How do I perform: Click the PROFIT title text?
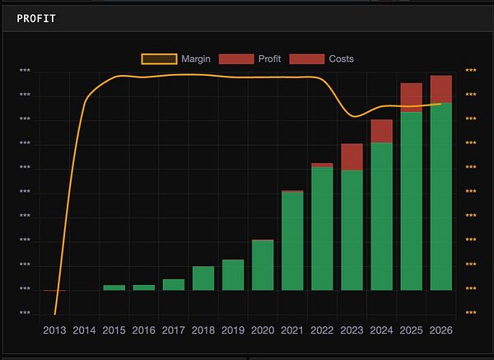tap(36, 17)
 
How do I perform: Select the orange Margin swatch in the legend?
tap(159, 58)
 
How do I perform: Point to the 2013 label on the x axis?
tap(54, 330)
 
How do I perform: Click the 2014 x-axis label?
tap(84, 330)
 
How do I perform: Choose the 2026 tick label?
tap(440, 330)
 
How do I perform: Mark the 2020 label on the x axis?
tap(263, 330)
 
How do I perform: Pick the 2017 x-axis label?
tap(174, 330)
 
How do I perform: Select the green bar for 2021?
tap(292, 241)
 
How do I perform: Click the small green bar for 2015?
tap(114, 288)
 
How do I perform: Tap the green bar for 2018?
tap(203, 278)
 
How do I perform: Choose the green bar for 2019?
tap(233, 275)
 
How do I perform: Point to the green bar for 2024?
tap(381, 217)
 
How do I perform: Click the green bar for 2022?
tap(322, 228)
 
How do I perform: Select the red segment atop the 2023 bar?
tap(352, 157)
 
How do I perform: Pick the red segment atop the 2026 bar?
tap(440, 89)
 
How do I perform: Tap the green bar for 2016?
tap(144, 288)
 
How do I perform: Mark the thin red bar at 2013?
tap(55, 291)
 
